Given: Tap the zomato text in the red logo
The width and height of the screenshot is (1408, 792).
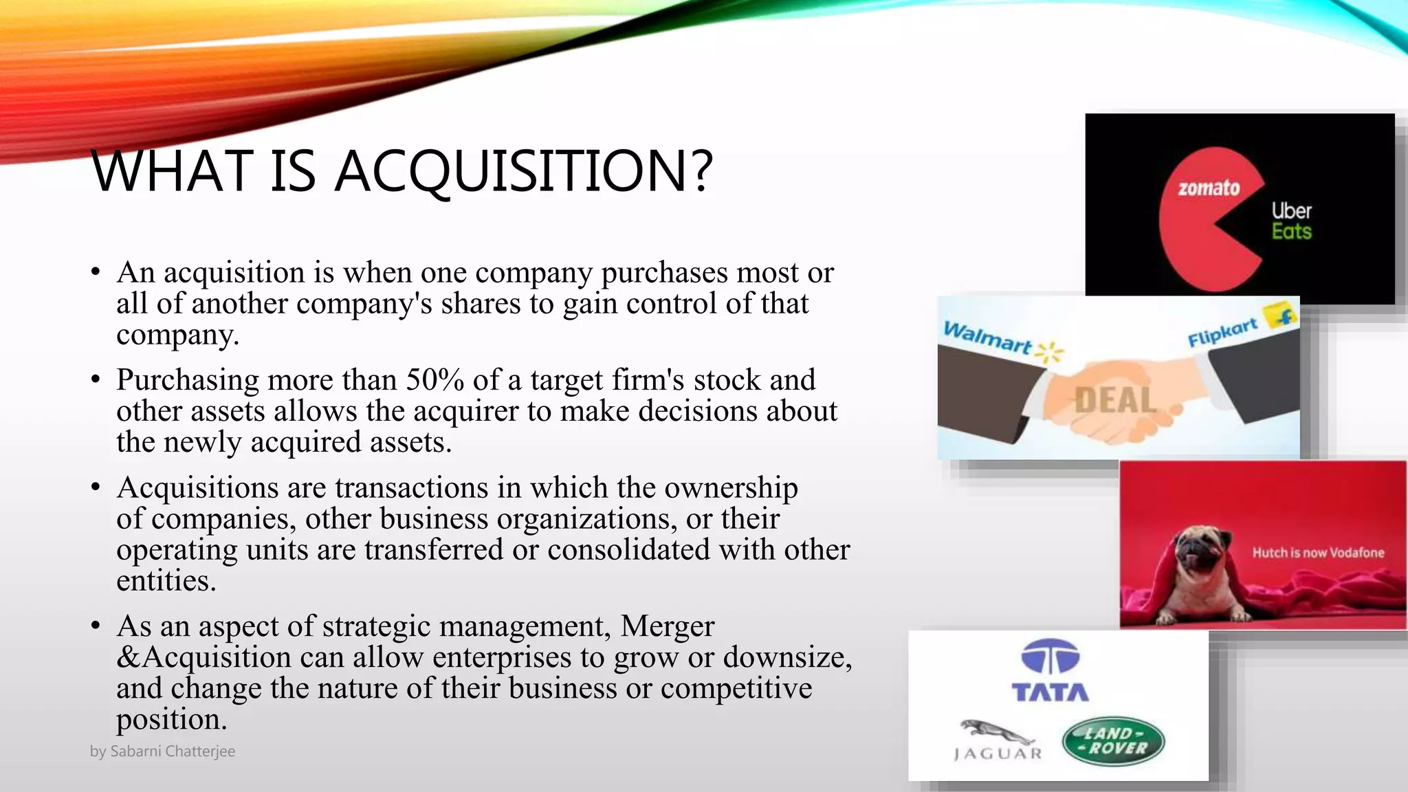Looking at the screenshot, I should click(x=1209, y=188).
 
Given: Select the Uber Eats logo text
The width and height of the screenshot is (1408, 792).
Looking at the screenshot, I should click(x=1291, y=221).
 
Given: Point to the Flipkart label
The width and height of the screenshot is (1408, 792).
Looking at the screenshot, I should click(x=1223, y=332).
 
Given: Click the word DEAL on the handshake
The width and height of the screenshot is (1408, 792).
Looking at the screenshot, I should click(x=1115, y=400).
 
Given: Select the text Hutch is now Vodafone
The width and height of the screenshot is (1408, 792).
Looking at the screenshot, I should click(x=1318, y=553).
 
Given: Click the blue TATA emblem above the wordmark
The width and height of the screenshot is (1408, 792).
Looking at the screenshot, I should click(x=1050, y=657).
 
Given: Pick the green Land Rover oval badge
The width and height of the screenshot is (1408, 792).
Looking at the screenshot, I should click(x=1113, y=741).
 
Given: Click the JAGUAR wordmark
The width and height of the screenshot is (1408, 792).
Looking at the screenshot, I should click(x=998, y=754).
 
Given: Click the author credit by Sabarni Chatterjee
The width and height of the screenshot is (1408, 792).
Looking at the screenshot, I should click(x=162, y=751).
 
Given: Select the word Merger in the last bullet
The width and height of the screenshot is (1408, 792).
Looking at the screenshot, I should click(x=667, y=626).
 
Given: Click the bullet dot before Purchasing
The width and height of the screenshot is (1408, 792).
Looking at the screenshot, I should click(x=96, y=380).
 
